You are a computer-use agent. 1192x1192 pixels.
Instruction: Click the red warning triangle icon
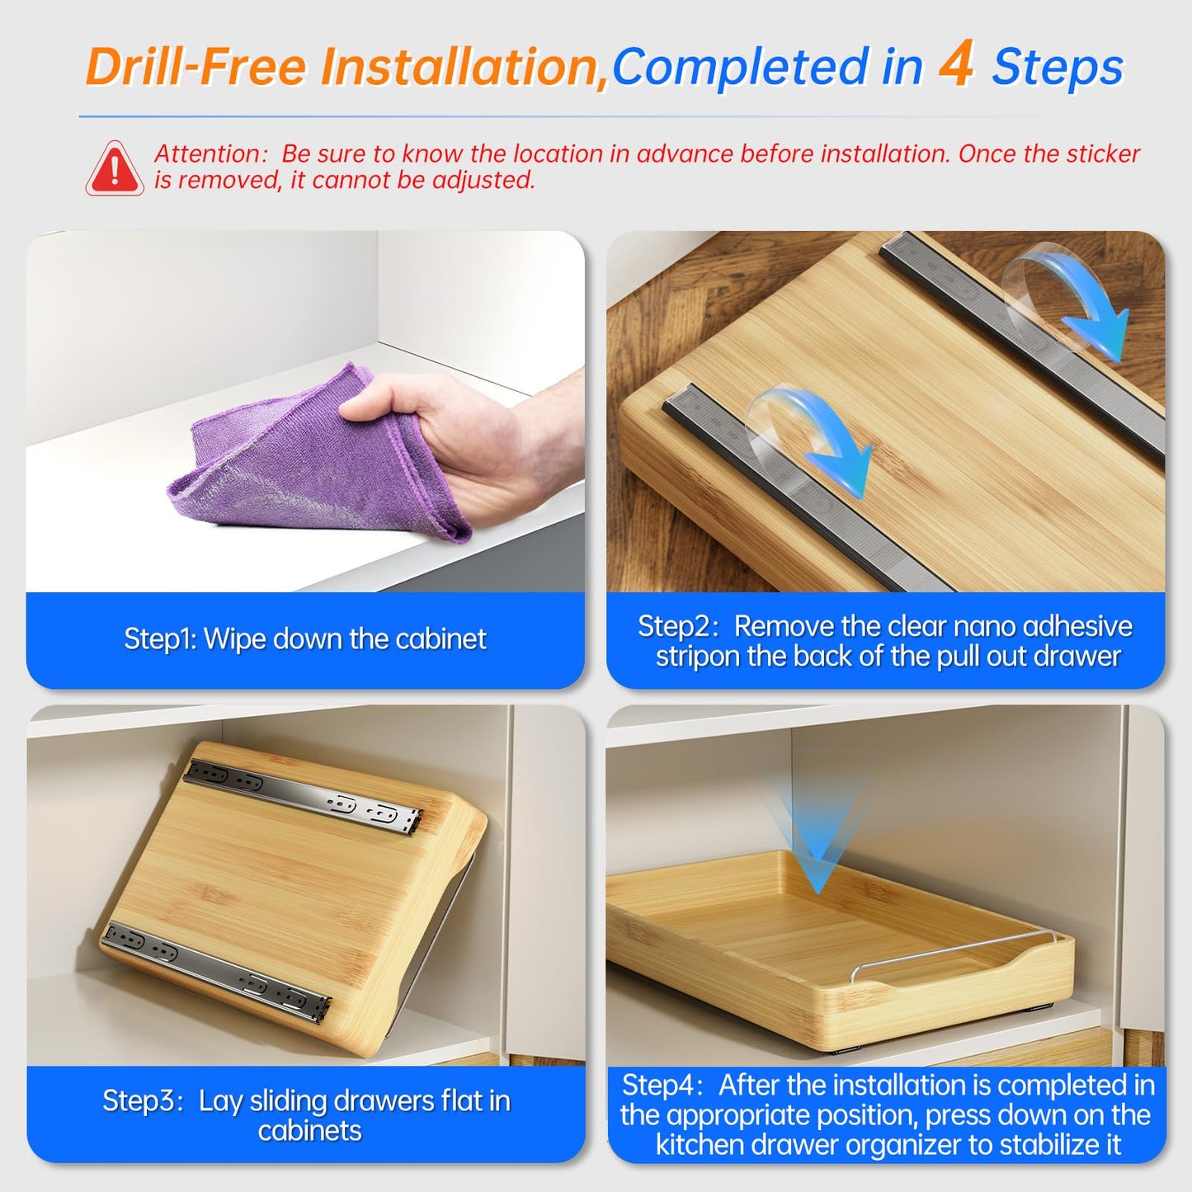115,169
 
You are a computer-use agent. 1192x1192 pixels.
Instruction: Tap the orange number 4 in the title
956,64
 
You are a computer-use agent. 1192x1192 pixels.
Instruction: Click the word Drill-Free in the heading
196,65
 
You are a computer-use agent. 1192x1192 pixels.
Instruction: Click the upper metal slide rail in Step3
304,795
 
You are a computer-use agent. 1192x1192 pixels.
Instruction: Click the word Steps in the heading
1058,67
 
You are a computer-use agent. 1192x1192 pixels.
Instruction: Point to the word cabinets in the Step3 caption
310,1131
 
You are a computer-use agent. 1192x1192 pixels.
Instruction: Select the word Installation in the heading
465,67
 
